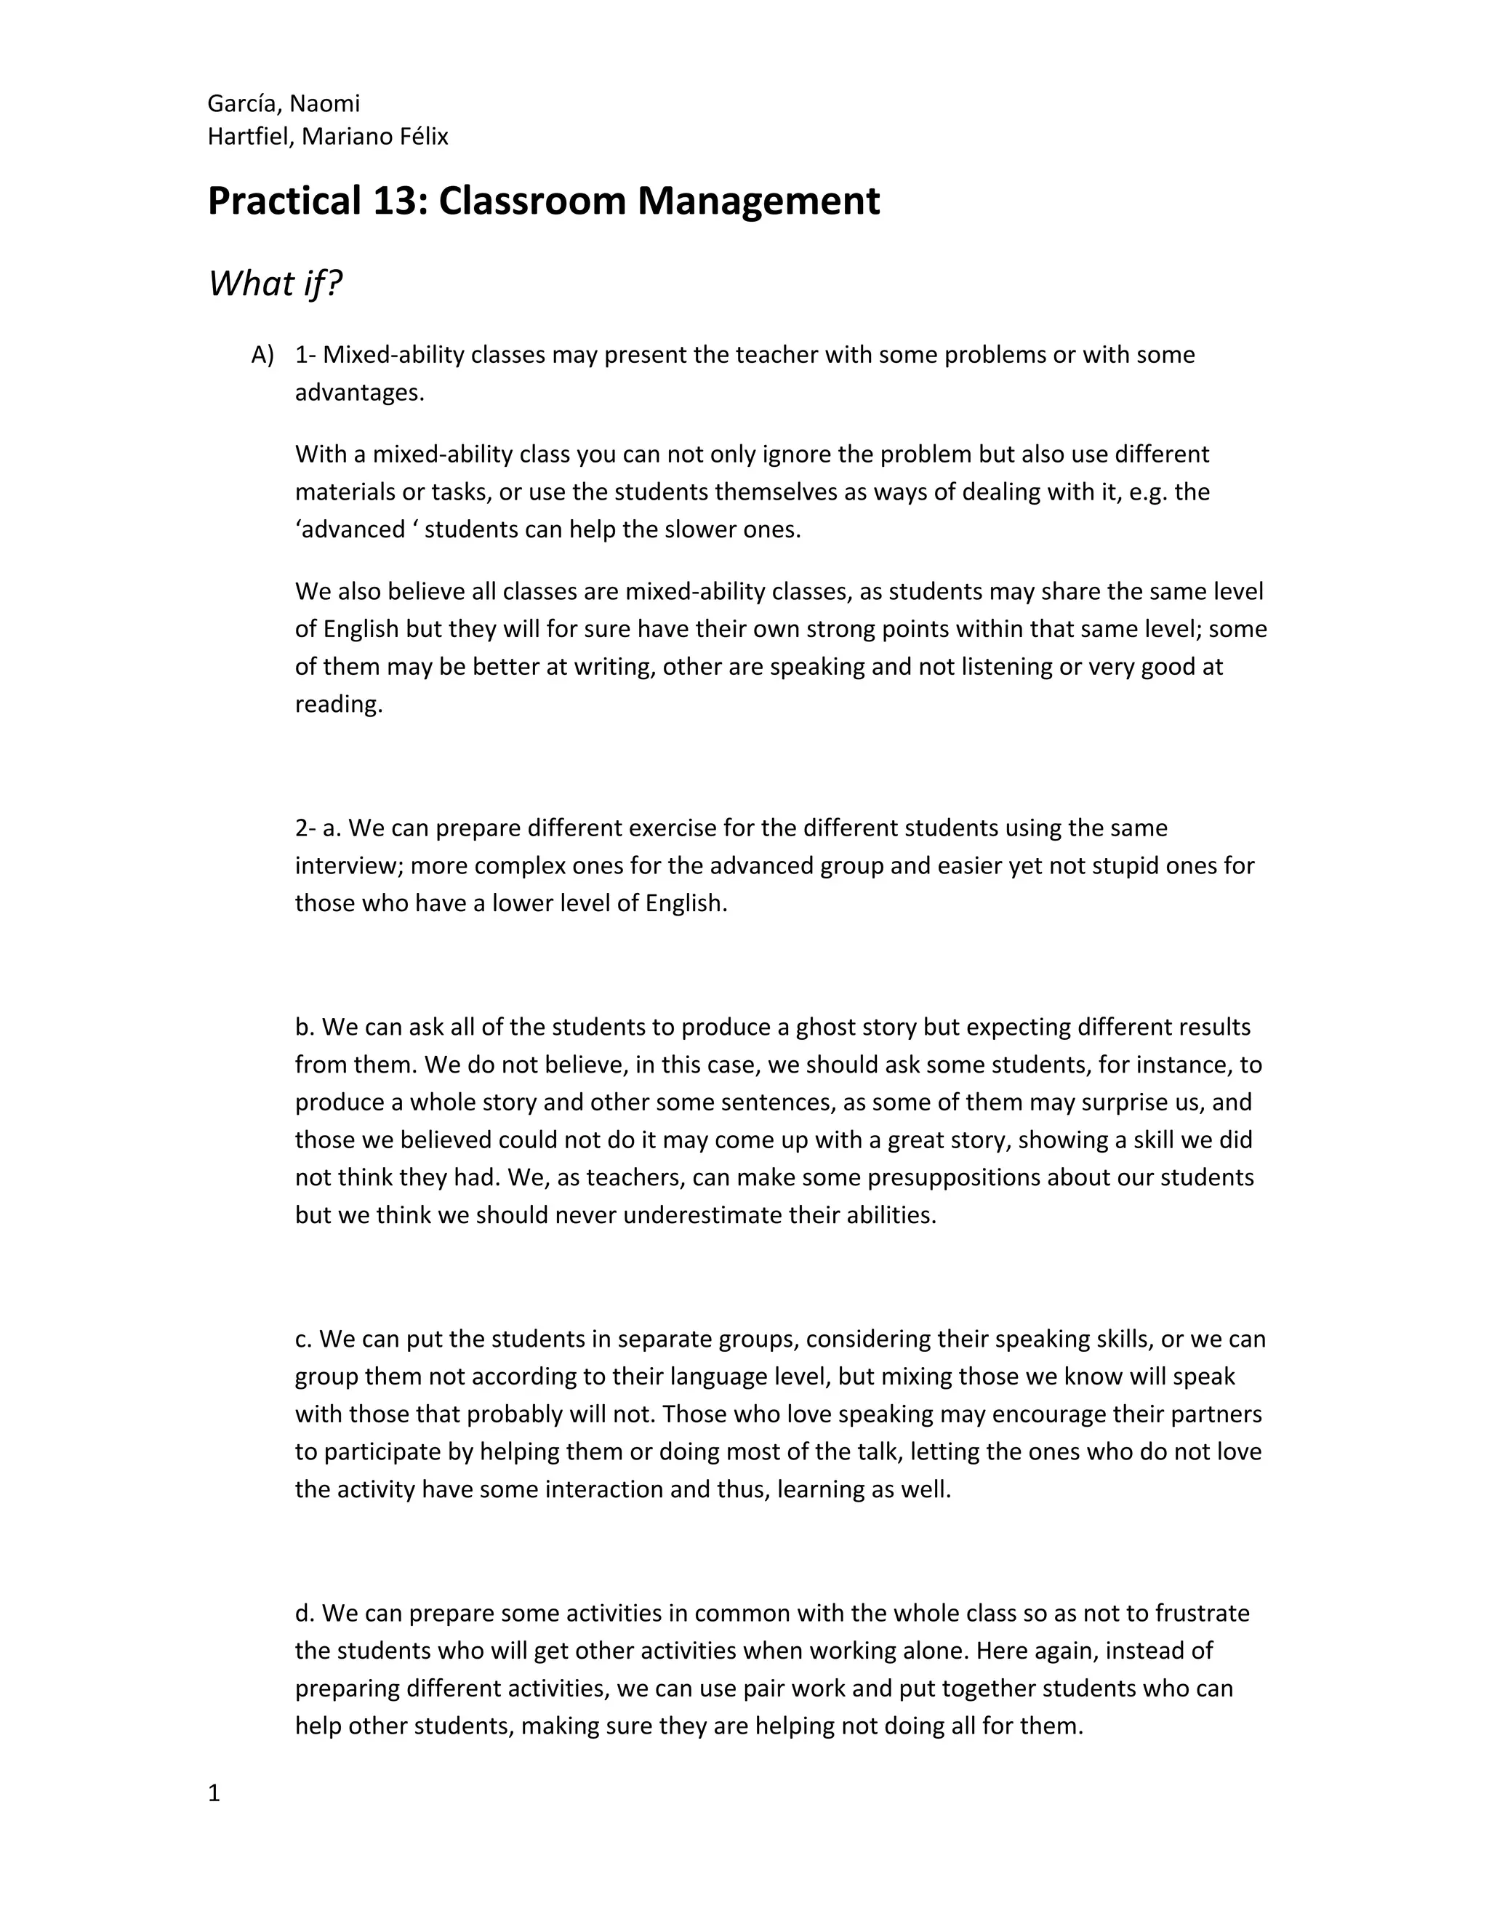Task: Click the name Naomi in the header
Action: coord(324,104)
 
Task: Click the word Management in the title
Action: coord(758,201)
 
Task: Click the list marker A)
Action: coord(262,355)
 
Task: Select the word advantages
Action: coord(359,393)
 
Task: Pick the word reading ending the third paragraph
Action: coord(339,704)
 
